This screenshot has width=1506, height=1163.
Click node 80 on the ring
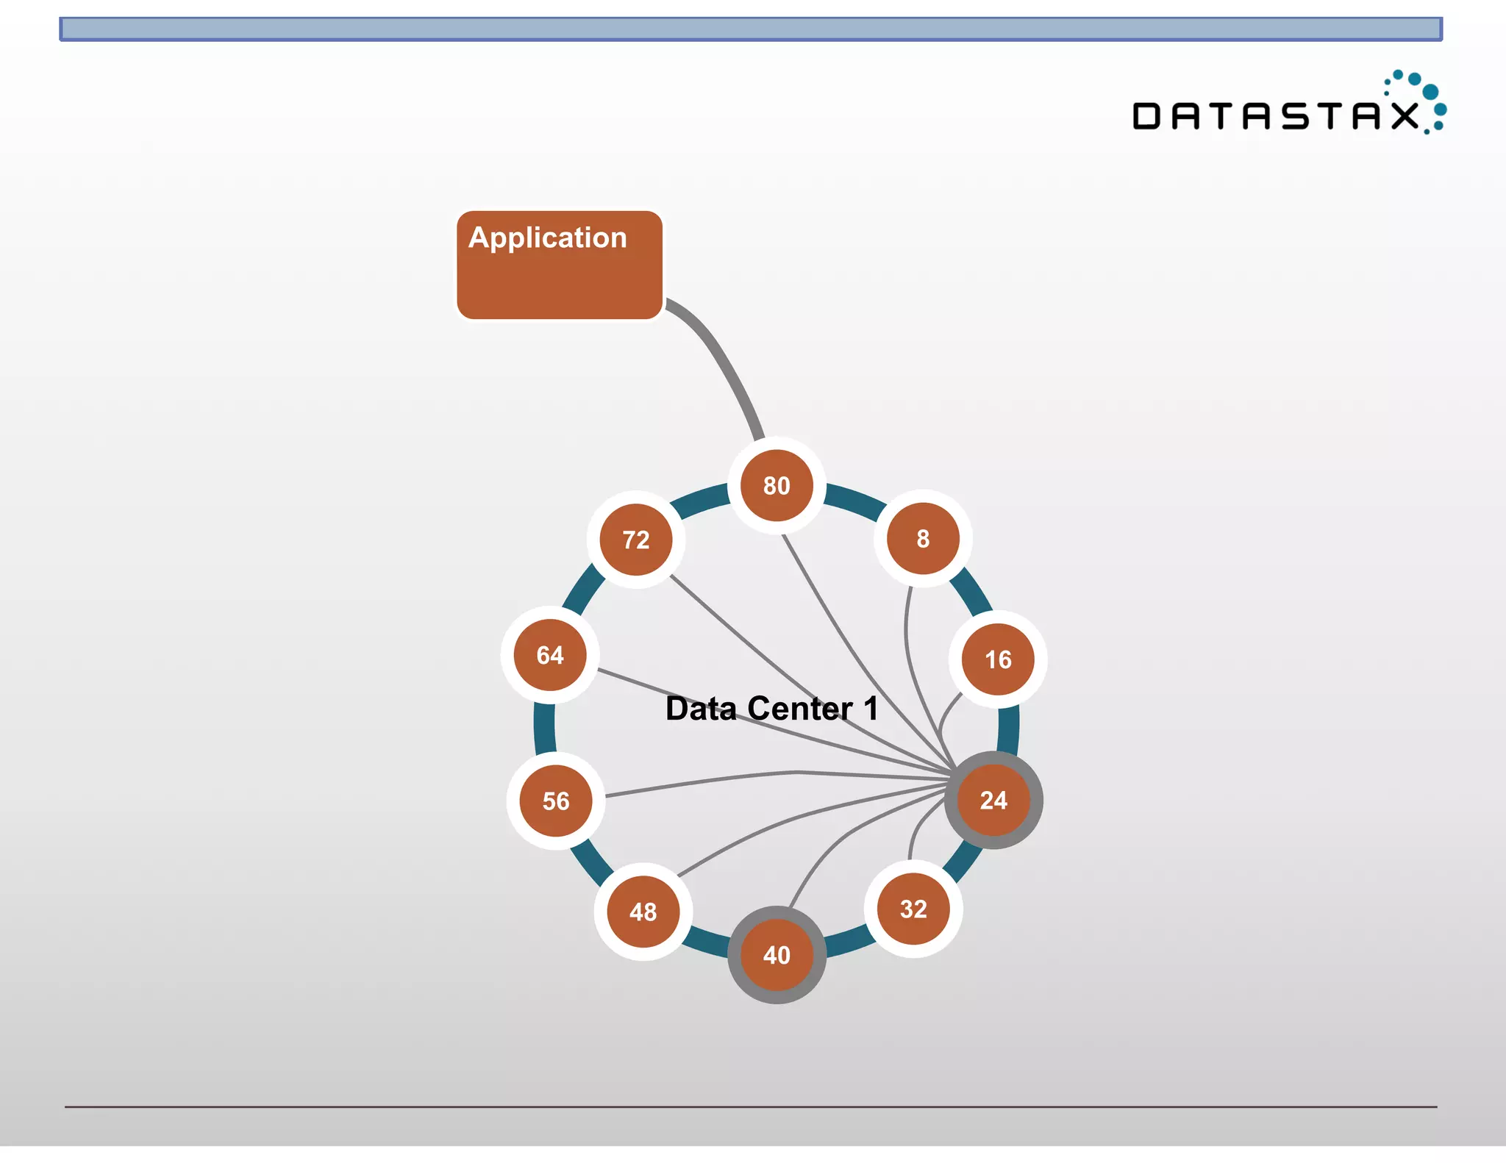[777, 485]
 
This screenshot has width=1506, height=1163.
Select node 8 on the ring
[923, 538]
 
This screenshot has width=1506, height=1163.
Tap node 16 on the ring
[998, 659]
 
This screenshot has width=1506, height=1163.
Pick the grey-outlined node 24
[993, 800]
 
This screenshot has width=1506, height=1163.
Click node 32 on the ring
[913, 909]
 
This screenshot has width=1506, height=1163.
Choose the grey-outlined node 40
[777, 954]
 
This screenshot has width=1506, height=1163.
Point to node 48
[643, 912]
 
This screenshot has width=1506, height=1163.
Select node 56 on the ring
[556, 801]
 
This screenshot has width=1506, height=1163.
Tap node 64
[550, 654]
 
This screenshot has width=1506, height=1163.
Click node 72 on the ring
[636, 540]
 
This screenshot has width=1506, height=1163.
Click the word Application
[548, 237]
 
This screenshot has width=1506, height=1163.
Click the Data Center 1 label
[771, 709]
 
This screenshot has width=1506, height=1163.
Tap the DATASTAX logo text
[1276, 116]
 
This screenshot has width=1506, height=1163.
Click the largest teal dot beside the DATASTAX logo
[1430, 92]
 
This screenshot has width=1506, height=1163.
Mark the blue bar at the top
[750, 29]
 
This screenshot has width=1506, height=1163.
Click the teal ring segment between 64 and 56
[544, 728]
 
